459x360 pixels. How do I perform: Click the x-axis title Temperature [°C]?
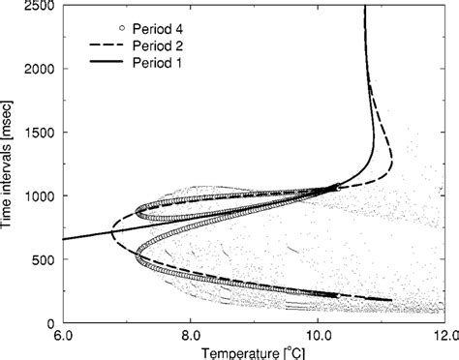(x=249, y=351)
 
